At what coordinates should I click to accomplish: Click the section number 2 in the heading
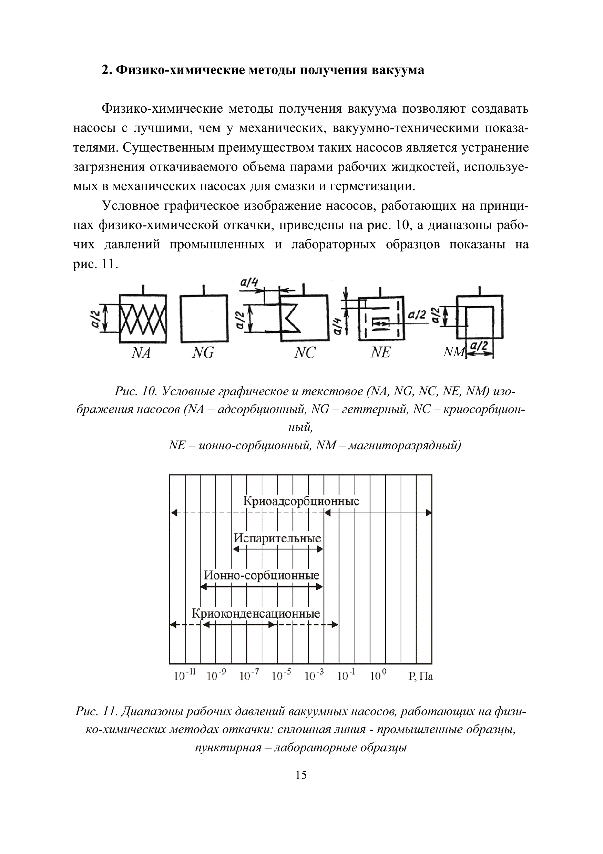(x=106, y=70)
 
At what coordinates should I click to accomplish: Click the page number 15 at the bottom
(x=301, y=775)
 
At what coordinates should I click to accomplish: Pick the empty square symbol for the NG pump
(x=204, y=318)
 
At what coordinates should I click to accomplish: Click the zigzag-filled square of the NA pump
(x=143, y=318)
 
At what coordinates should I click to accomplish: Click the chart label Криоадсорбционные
(x=301, y=501)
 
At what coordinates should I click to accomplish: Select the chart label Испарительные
(x=277, y=538)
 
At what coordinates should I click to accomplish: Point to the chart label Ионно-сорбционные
(x=262, y=575)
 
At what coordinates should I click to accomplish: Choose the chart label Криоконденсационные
(x=256, y=613)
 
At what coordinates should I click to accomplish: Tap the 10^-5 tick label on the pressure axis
(x=282, y=675)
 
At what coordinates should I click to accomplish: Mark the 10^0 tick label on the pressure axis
(x=379, y=675)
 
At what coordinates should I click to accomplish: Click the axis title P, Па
(x=421, y=676)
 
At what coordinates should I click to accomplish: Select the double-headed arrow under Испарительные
(x=278, y=549)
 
